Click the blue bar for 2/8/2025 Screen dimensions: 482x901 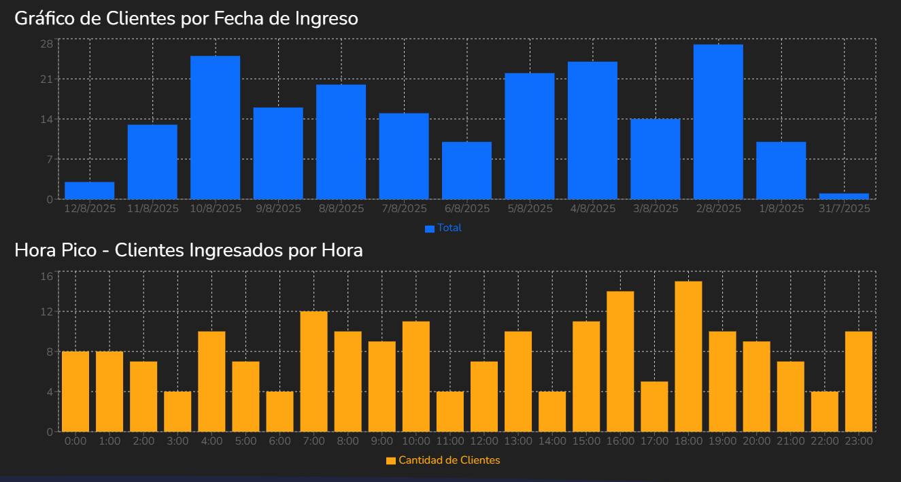(x=718, y=122)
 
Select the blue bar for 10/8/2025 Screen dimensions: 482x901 (x=215, y=128)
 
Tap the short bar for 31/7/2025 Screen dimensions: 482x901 (x=844, y=196)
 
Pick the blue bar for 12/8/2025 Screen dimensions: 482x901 (x=89, y=191)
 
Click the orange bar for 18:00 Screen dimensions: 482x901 (x=688, y=357)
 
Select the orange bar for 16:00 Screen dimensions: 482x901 (x=620, y=362)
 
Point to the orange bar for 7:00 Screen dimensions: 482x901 (x=313, y=372)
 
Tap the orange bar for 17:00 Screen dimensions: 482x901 (x=654, y=407)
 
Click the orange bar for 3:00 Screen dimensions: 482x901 (x=177, y=411)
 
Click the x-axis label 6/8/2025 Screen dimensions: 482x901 (x=466, y=209)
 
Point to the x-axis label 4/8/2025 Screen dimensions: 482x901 (x=592, y=209)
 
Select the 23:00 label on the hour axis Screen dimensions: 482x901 (x=858, y=441)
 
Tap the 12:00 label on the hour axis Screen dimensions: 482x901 (x=483, y=441)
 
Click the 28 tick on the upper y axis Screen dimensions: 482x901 (x=46, y=44)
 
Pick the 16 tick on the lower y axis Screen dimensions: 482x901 (x=46, y=276)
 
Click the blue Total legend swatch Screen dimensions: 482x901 (x=430, y=228)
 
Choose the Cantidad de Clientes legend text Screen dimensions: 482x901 (x=449, y=460)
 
